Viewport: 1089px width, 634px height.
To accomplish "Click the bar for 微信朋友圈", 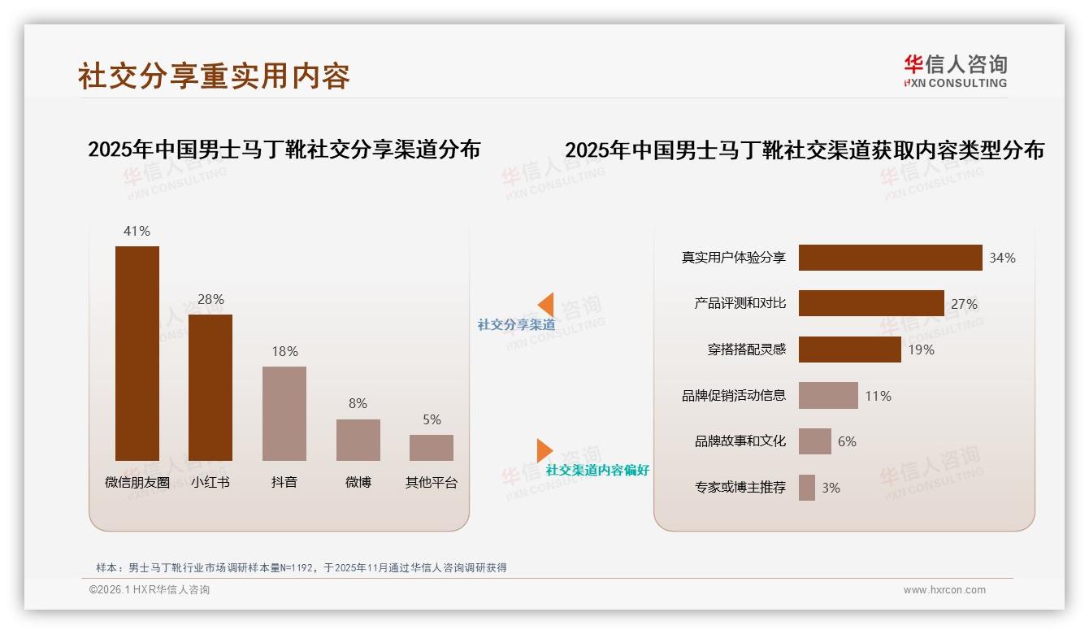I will pyautogui.click(x=137, y=353).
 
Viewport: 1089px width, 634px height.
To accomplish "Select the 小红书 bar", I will pyautogui.click(x=210, y=387).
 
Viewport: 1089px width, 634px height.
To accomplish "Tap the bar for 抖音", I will pyautogui.click(x=284, y=413).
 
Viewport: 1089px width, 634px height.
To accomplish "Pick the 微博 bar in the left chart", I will pyautogui.click(x=358, y=440).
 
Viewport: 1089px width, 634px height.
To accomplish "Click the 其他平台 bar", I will pyautogui.click(x=432, y=448).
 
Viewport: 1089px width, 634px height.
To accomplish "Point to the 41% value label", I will pyautogui.click(x=137, y=231).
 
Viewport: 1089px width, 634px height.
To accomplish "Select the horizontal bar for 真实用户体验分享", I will pyautogui.click(x=890, y=258).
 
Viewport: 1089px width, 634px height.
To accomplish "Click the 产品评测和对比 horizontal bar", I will pyautogui.click(x=871, y=303).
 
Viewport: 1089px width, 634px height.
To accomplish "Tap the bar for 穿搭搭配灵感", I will pyautogui.click(x=849, y=350).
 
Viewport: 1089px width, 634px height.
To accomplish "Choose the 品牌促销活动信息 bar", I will pyautogui.click(x=828, y=396).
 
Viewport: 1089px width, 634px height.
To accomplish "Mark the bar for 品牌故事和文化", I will pyautogui.click(x=814, y=441).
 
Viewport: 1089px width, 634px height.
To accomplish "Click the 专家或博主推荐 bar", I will pyautogui.click(x=806, y=488).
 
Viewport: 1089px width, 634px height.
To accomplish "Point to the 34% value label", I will pyautogui.click(x=1002, y=258).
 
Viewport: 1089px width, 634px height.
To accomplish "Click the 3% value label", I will pyautogui.click(x=831, y=488).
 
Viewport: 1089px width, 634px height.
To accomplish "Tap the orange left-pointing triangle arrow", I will pyautogui.click(x=546, y=304).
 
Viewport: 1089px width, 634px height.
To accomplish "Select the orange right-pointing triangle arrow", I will pyautogui.click(x=544, y=450).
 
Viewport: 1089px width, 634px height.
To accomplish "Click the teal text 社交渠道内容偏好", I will pyautogui.click(x=597, y=471).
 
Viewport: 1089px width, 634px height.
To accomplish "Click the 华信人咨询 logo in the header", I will pyautogui.click(x=955, y=71).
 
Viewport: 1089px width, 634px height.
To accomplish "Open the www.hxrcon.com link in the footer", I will pyautogui.click(x=944, y=590).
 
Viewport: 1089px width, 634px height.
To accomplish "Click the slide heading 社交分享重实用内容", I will pyautogui.click(x=214, y=76).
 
